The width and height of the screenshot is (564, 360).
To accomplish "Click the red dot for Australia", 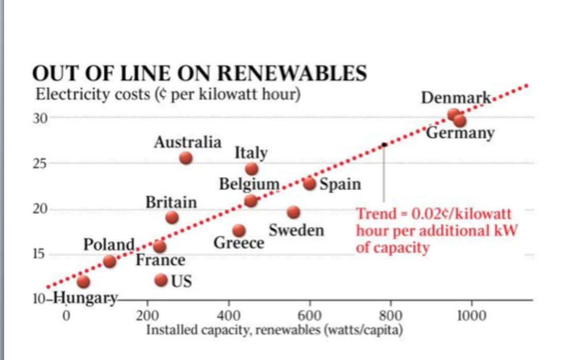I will click(x=186, y=158).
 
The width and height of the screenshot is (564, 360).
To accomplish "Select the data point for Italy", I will click(x=252, y=169).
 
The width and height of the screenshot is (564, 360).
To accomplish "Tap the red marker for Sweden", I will click(x=293, y=212).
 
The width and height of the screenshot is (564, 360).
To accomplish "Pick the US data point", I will click(x=161, y=280).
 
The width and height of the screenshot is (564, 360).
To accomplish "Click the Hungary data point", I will click(x=83, y=282).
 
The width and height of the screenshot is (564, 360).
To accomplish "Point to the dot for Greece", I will click(x=239, y=231).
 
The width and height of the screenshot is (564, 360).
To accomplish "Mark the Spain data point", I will click(x=309, y=183).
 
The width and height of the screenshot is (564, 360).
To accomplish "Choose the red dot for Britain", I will click(x=172, y=218).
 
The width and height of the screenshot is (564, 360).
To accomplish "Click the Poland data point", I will click(x=109, y=261).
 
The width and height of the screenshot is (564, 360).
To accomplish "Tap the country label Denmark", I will click(x=456, y=98).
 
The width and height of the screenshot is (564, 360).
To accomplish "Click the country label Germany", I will click(x=460, y=133).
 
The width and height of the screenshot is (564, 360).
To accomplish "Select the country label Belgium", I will click(x=250, y=184).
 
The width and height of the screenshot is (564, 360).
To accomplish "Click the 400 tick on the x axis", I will click(x=228, y=316).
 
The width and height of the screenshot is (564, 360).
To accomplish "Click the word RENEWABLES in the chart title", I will click(x=291, y=74).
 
